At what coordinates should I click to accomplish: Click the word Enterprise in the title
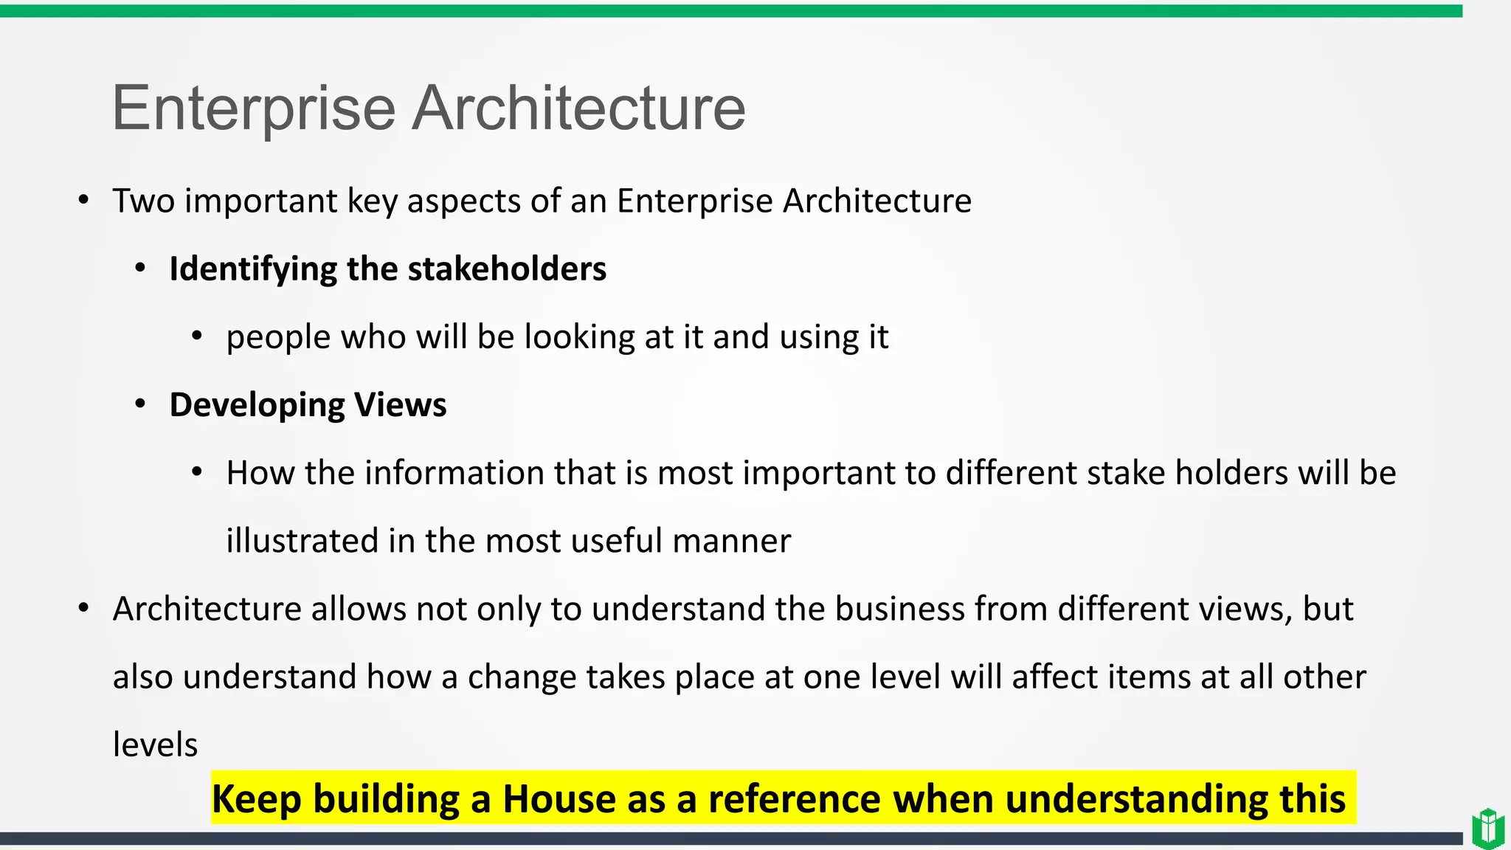pyautogui.click(x=254, y=108)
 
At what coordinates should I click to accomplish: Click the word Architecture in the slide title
pyautogui.click(x=578, y=108)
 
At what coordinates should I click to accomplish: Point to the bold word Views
pyautogui.click(x=400, y=404)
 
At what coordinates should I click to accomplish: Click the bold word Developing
pyautogui.click(x=257, y=404)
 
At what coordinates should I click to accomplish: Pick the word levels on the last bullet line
pyautogui.click(x=155, y=744)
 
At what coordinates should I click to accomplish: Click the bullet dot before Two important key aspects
pyautogui.click(x=83, y=200)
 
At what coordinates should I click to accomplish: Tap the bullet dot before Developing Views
pyautogui.click(x=140, y=404)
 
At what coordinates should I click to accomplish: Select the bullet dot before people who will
pyautogui.click(x=196, y=336)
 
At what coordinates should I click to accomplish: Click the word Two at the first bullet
pyautogui.click(x=143, y=201)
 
